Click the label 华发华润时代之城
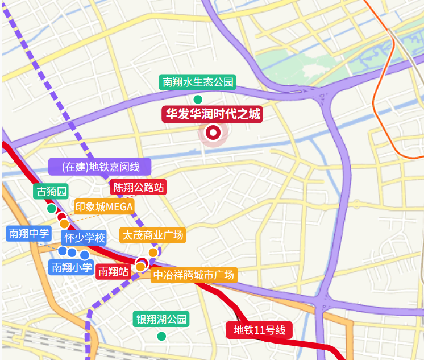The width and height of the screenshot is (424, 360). coord(212,114)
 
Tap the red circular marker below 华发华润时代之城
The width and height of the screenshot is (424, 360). coord(213,133)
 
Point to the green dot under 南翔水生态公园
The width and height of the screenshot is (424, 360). coord(198,100)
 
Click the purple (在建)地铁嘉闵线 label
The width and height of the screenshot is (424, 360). coord(101,167)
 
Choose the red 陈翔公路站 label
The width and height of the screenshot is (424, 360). coord(139,187)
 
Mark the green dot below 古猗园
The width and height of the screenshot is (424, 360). coord(52,208)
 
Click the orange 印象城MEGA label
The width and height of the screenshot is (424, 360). coord(104,206)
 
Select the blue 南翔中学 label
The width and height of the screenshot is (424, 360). coord(28,233)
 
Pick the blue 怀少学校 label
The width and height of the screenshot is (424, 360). coord(84,238)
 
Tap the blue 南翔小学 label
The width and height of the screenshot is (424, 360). coord(72,267)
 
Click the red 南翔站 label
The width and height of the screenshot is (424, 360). coord(113,272)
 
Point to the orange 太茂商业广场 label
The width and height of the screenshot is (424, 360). coord(152,235)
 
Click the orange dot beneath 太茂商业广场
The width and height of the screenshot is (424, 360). coord(153,252)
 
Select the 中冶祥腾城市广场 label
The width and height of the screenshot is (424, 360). coord(193,275)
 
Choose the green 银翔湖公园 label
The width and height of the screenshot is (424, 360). coord(161,319)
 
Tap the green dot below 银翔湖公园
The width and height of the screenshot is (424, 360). coord(161,336)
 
